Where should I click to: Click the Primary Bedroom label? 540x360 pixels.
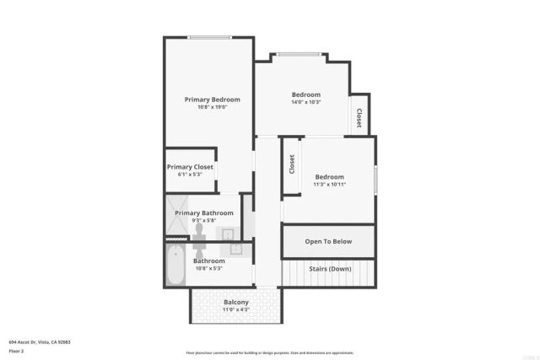coord(213,99)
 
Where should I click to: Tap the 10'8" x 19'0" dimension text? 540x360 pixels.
coord(213,107)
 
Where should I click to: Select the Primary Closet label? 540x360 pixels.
coord(190,167)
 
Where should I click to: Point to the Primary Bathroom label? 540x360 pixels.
coord(204,213)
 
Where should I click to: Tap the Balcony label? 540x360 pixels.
coord(235,302)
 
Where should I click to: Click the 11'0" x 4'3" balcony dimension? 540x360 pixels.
coord(235,309)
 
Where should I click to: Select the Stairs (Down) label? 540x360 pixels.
coord(330,269)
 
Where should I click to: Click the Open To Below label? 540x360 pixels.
coord(328,241)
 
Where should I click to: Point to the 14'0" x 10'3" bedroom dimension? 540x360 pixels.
coord(306,102)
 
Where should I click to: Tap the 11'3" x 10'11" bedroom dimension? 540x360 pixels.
coord(330,185)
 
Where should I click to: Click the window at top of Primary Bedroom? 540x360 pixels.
coord(210,37)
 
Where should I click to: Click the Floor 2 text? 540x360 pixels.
coord(16,350)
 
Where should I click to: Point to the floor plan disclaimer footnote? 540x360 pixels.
coord(270,352)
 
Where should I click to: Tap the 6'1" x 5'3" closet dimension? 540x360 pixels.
coord(190,175)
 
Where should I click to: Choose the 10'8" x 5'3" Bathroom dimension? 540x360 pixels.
coord(209,269)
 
